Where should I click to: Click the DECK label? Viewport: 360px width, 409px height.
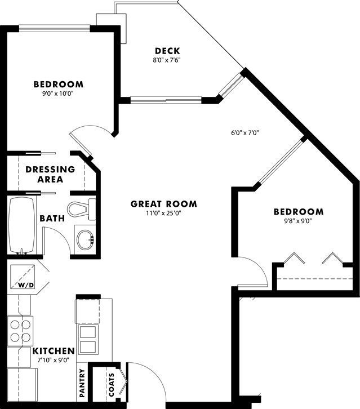[167, 51]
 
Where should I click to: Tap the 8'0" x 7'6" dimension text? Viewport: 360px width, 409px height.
[167, 60]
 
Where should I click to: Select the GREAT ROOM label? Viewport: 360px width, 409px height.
[164, 204]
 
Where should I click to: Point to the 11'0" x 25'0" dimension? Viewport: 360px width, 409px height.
[164, 213]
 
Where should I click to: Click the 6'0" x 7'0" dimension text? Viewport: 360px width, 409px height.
[245, 134]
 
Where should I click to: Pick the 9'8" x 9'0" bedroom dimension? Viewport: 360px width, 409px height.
[299, 221]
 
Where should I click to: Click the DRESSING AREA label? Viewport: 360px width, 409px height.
[50, 174]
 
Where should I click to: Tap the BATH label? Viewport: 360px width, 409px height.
[52, 218]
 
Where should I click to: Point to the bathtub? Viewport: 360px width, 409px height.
[22, 225]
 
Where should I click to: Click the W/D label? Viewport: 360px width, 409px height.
[26, 285]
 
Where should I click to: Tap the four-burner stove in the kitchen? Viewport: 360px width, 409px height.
[20, 331]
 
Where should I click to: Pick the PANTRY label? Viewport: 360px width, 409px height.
[83, 383]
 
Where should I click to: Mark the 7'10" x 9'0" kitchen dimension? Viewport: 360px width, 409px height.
[54, 359]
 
